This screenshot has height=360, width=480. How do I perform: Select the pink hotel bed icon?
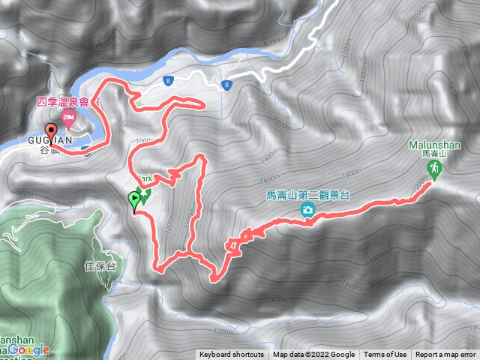(68, 117)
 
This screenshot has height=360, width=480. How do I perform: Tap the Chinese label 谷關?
(50, 151)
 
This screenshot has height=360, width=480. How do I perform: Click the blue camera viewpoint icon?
(307, 211)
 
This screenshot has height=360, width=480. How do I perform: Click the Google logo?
(30, 350)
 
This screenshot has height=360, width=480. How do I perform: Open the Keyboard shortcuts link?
(232, 355)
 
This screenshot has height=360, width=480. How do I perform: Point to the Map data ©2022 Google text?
(313, 355)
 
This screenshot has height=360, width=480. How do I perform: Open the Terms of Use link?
(385, 355)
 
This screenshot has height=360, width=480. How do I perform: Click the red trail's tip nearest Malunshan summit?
(428, 184)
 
